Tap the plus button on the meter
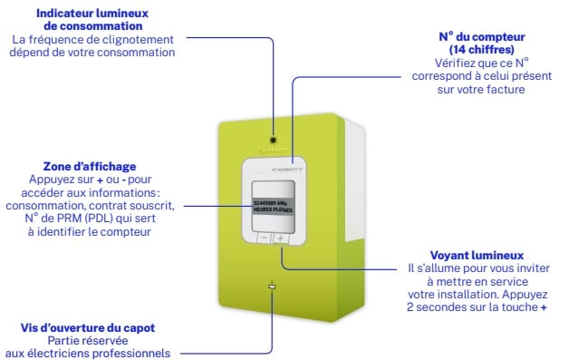tap(280, 239)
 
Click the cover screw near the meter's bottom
tap(271, 288)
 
